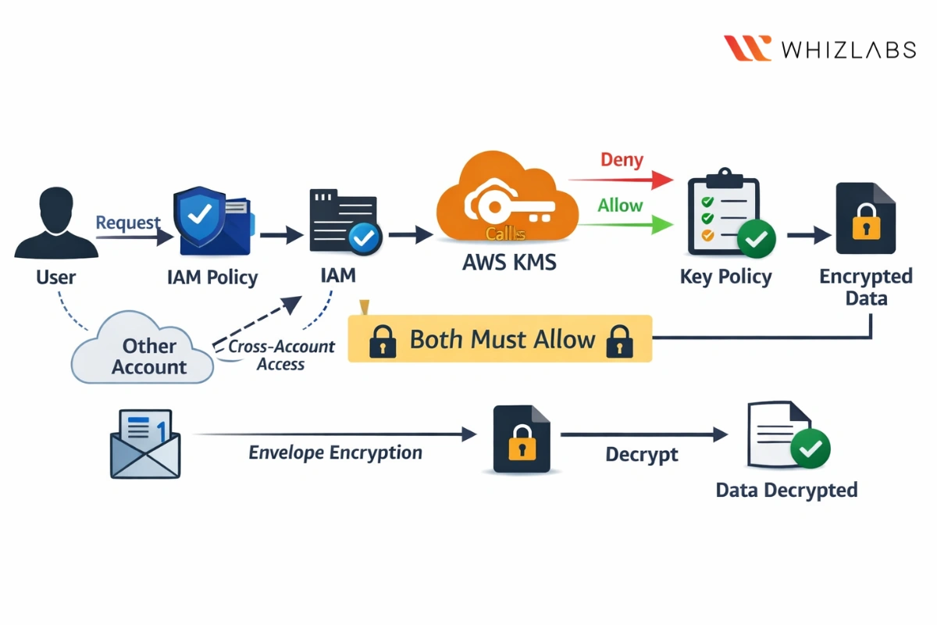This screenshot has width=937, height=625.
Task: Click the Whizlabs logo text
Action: (x=848, y=49)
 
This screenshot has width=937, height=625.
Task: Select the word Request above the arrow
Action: (x=128, y=223)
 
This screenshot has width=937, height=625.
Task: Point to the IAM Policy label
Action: (x=212, y=277)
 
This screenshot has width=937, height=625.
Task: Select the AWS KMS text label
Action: (x=509, y=262)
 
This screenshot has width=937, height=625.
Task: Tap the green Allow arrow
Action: (x=625, y=226)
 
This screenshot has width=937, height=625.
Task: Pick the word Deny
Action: (x=622, y=160)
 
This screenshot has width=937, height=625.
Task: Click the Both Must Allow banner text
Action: (x=502, y=340)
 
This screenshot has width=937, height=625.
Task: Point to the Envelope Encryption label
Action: (x=335, y=453)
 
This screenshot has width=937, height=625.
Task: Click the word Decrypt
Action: (x=642, y=454)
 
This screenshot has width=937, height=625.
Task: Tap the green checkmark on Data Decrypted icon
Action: (x=810, y=448)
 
